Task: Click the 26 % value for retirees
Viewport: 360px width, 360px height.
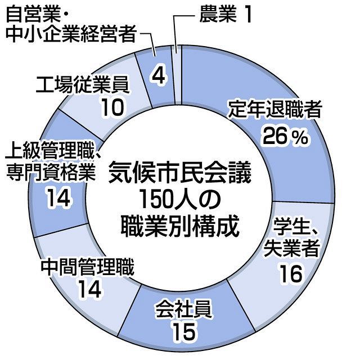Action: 285,137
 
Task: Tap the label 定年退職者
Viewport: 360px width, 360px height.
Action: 275,109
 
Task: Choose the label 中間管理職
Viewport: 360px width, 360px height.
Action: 88,267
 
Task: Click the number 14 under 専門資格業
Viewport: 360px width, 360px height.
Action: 58,199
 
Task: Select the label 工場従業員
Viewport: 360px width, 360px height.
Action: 83,84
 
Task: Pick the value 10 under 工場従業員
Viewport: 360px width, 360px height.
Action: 112,107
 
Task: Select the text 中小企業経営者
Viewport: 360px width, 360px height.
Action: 71,34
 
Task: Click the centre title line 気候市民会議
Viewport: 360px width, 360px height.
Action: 179,175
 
